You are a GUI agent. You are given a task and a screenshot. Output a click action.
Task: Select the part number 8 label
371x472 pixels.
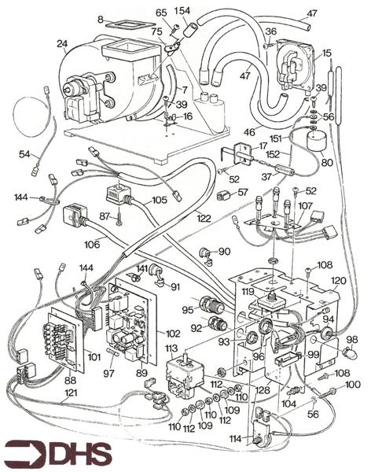(101, 18)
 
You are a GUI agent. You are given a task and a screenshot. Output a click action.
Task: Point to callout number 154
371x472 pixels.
(182, 10)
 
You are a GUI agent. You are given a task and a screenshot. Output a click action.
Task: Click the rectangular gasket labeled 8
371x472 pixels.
(130, 20)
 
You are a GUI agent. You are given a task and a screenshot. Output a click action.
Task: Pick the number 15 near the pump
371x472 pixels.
(326, 52)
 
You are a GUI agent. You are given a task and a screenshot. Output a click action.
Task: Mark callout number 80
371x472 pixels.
(327, 164)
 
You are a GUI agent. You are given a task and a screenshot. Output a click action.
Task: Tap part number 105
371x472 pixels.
(160, 200)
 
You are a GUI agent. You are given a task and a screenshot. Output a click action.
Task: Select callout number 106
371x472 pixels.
(93, 245)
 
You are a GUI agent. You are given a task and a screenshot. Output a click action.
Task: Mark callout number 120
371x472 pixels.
(339, 281)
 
